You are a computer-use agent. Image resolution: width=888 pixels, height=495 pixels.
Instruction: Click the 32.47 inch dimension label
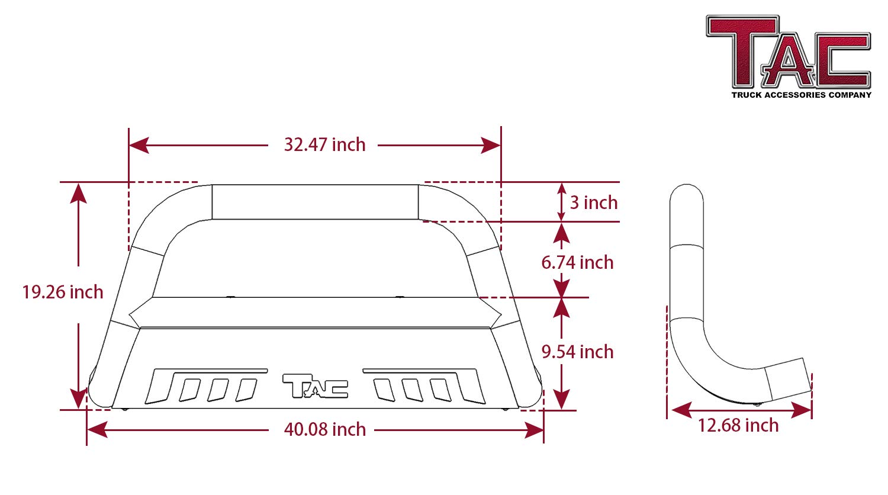(324, 144)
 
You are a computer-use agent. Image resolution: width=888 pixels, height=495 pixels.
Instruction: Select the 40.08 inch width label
(324, 429)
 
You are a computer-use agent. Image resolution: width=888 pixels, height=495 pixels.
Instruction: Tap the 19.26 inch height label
(63, 292)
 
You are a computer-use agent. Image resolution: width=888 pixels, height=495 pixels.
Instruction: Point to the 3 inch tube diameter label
(594, 202)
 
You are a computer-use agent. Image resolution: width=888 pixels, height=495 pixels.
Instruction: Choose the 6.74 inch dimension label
(577, 262)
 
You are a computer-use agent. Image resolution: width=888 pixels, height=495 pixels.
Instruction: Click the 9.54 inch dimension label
(577, 352)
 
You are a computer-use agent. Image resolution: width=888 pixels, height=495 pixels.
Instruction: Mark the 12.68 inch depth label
(738, 425)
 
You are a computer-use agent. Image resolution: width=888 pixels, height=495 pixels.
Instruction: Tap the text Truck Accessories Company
(801, 95)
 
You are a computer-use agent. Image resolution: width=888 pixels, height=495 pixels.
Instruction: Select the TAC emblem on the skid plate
(315, 386)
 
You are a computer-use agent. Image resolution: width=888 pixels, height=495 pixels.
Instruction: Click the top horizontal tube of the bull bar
(315, 202)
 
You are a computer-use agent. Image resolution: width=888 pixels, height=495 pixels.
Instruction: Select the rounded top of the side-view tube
(686, 195)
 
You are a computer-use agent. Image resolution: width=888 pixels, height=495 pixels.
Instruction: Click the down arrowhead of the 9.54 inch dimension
(561, 399)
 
